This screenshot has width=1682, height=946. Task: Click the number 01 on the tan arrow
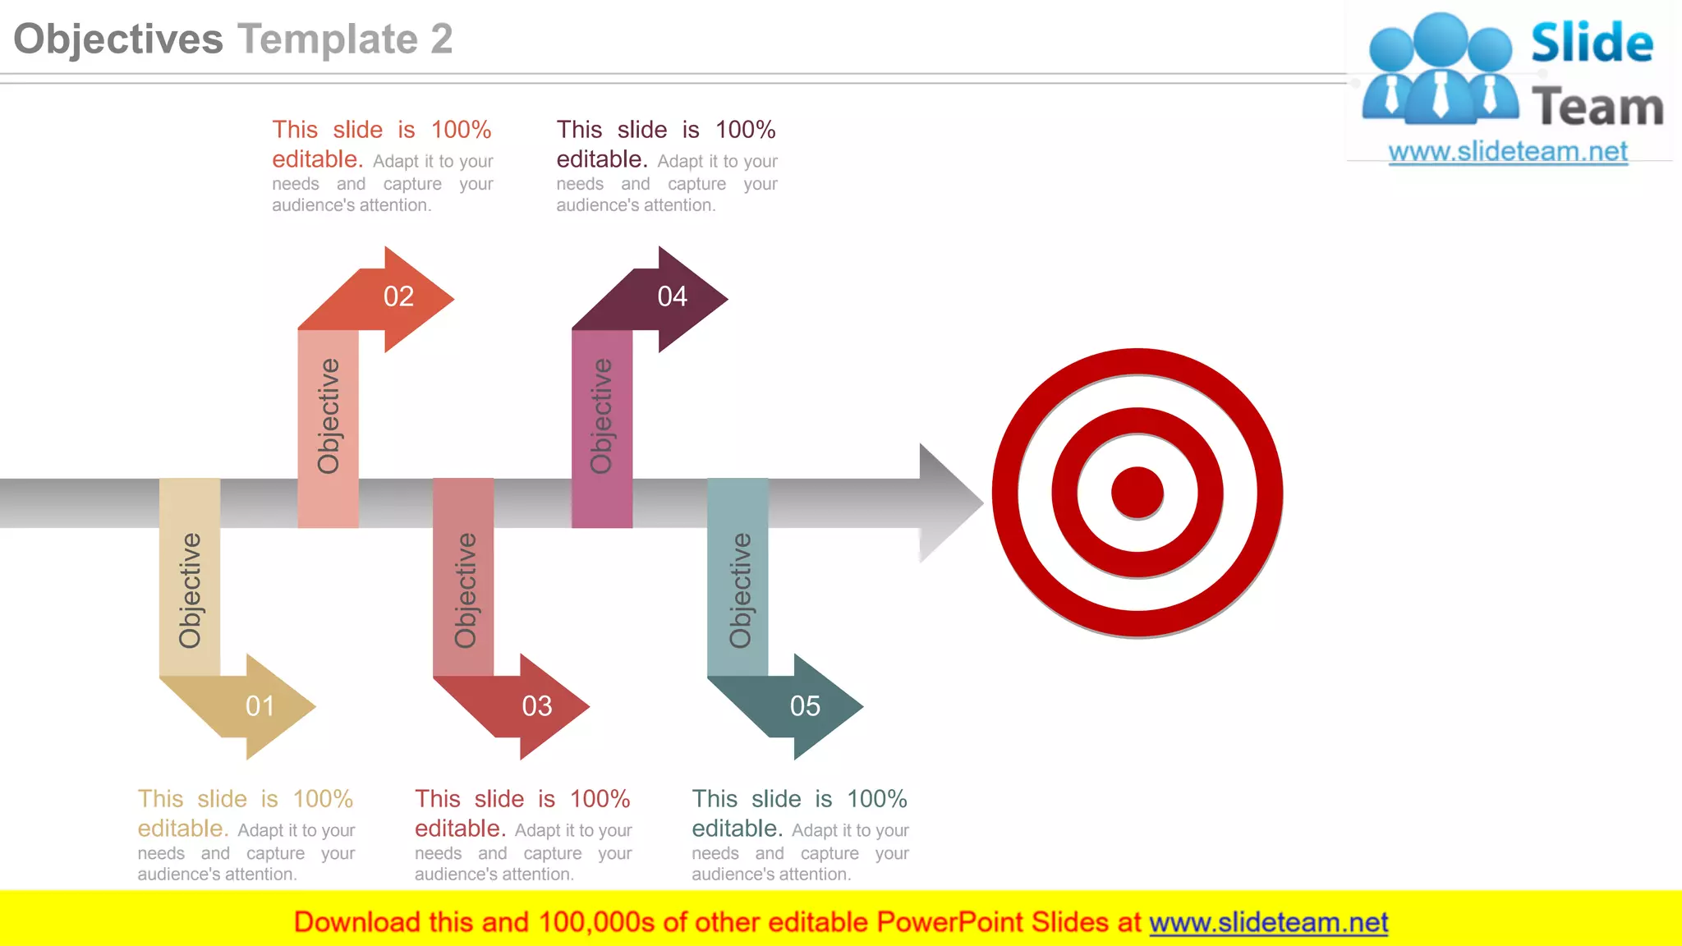click(x=260, y=706)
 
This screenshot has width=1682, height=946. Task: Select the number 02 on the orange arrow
click(x=398, y=296)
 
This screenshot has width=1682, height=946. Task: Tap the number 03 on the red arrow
click(x=537, y=706)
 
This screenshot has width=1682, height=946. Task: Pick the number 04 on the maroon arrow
click(x=672, y=296)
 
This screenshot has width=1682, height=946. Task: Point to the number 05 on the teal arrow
click(x=805, y=706)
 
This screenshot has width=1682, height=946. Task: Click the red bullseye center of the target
click(x=1137, y=493)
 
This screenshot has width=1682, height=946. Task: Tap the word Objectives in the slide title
click(x=118, y=39)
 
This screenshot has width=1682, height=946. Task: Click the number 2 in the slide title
click(x=442, y=39)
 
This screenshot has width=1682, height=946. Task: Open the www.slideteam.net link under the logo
click(x=1508, y=152)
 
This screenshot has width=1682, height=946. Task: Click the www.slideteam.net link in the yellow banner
click(x=1268, y=922)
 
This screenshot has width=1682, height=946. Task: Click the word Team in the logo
click(x=1597, y=107)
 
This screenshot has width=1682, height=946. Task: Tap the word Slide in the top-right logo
click(x=1592, y=43)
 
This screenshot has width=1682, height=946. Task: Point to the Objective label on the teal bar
click(x=739, y=590)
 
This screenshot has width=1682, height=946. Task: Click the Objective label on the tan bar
click(x=190, y=590)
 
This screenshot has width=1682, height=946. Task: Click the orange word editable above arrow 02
click(x=317, y=159)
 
